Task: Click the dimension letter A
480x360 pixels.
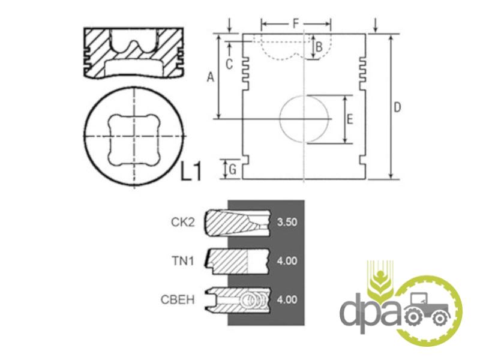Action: tap(211, 77)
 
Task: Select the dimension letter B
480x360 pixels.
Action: tap(319, 47)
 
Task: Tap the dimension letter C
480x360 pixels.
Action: tap(229, 64)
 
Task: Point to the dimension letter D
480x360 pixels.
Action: tap(397, 107)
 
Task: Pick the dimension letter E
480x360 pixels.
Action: tap(350, 119)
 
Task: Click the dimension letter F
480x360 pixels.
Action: tap(296, 23)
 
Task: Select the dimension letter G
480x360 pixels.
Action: tap(233, 169)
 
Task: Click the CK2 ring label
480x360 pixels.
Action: tap(183, 222)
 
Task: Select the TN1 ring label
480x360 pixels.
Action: tap(183, 261)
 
